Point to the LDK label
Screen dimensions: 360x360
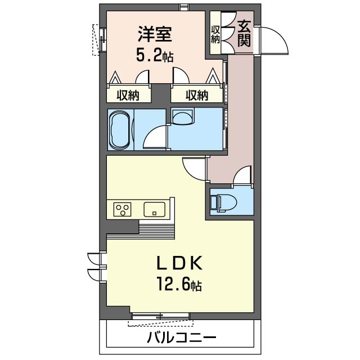178,263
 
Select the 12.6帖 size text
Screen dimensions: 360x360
178,286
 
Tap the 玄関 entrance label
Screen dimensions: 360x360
244,33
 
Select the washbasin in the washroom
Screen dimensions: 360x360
182,117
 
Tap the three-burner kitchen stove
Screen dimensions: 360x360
122,210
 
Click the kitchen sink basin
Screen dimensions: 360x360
154,210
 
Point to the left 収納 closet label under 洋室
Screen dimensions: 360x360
128,95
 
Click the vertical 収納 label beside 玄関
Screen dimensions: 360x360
215,34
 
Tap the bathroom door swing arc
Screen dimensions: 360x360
155,137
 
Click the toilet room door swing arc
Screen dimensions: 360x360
243,176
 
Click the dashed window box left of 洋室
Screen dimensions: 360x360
95,40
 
